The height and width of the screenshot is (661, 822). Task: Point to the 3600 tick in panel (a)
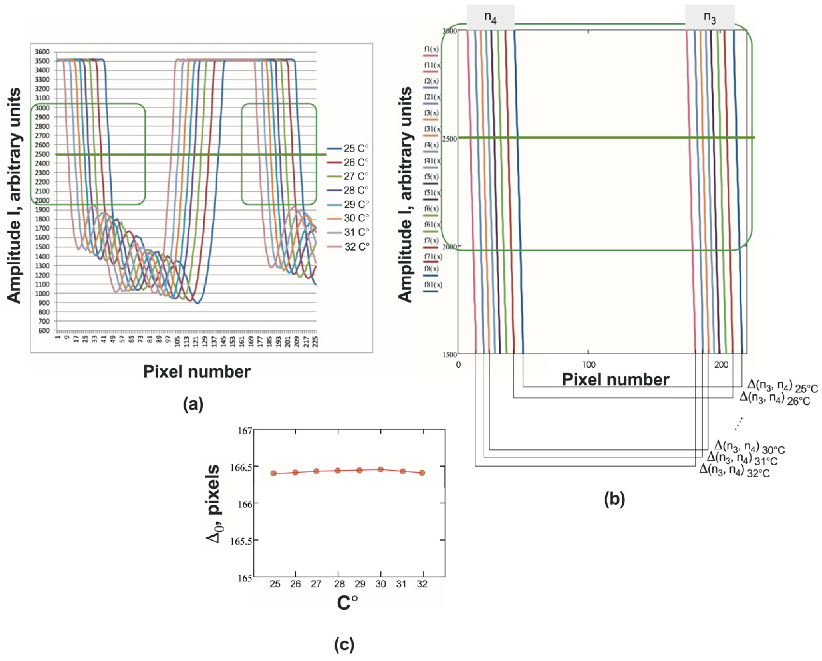pos(42,52)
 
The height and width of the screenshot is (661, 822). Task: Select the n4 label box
pos(490,17)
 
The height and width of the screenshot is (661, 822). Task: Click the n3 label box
pos(710,17)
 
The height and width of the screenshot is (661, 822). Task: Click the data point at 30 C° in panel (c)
pos(380,469)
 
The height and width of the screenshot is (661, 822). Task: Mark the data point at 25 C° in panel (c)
pos(273,473)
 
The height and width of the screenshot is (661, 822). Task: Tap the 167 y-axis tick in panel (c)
pos(244,431)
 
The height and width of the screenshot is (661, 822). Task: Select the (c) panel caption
pos(344,645)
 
